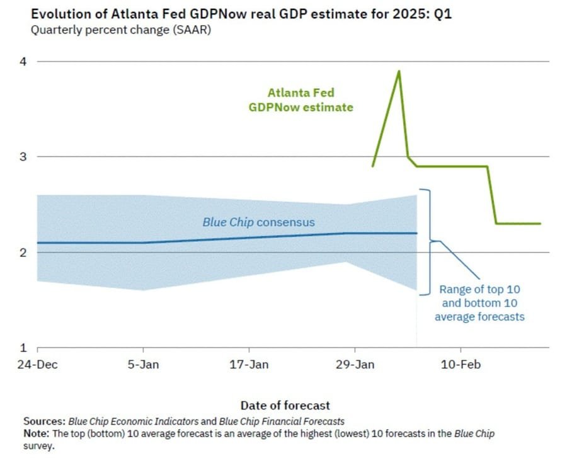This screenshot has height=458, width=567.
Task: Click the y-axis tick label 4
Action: [x=22, y=61]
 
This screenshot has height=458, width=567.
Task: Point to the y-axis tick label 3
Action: [x=22, y=157]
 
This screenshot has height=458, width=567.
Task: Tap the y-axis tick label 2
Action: [x=22, y=253]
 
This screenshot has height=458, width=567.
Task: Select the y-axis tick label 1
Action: [x=22, y=348]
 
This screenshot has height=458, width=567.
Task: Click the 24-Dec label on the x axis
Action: [x=37, y=365]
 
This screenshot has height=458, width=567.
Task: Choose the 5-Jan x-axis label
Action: [x=144, y=365]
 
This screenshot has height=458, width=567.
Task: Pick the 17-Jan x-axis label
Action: [x=249, y=365]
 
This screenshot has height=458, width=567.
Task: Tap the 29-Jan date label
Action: [x=355, y=365]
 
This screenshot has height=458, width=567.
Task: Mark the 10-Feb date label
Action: [x=461, y=365]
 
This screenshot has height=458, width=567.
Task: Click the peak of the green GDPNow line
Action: [x=399, y=71]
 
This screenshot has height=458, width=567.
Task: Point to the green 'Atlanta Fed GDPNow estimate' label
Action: [x=301, y=100]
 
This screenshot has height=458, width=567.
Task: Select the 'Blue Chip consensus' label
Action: [x=258, y=222]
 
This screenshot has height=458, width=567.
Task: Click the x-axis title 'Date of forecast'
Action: [x=285, y=406]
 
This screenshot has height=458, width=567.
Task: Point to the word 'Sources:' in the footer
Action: [x=45, y=421]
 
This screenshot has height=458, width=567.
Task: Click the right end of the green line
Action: [x=540, y=224]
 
